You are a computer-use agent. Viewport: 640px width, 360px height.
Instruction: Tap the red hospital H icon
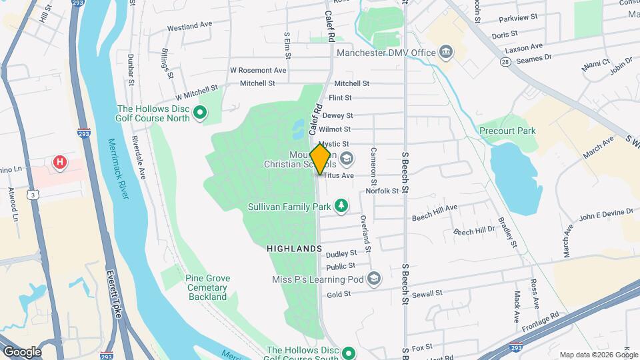coord(60,162)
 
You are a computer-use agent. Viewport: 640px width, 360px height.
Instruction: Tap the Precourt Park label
coord(507,131)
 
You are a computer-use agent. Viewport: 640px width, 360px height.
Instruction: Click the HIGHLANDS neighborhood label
coord(294,249)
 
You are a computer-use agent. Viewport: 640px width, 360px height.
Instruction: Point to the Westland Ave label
coord(189,26)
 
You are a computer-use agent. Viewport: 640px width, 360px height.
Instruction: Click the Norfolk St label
coord(382,191)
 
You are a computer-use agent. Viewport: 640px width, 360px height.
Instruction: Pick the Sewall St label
coord(427,293)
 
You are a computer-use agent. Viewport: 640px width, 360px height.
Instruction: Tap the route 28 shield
coord(506,61)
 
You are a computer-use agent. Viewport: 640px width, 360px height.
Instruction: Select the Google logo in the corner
coord(21,351)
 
